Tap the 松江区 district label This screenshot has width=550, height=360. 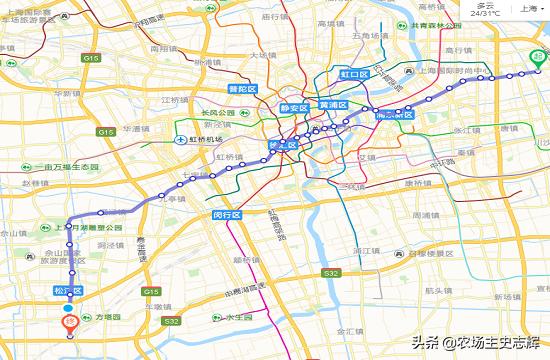click(68, 290)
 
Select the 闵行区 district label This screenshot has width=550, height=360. click(228, 214)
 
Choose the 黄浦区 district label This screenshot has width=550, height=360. click(332, 105)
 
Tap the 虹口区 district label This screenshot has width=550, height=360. click(355, 74)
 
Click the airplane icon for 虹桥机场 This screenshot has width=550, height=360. click(181, 139)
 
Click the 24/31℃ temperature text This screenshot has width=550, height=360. click(485, 14)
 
